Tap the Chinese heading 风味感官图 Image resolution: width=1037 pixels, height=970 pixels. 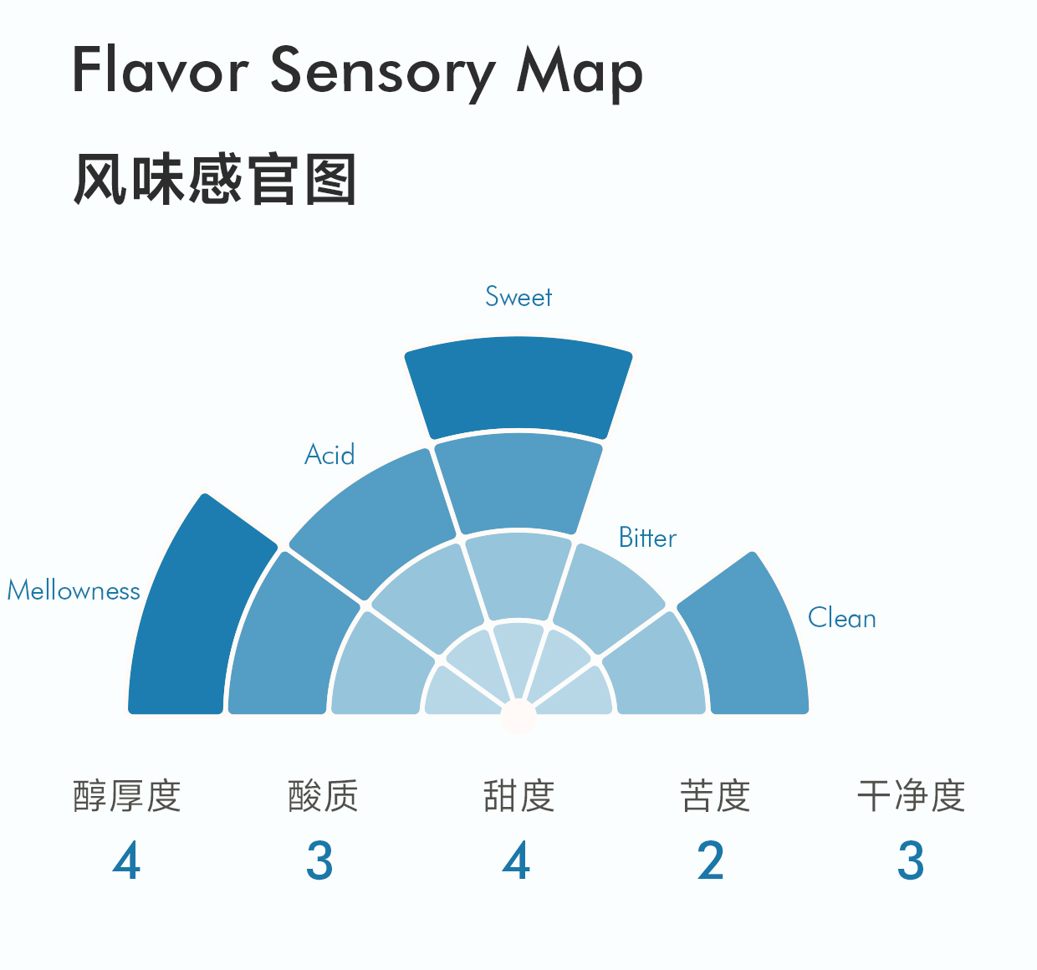(215, 179)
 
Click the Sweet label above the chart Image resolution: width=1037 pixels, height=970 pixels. (518, 297)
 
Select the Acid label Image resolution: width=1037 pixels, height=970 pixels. (329, 455)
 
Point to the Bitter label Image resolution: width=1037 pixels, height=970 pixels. (647, 538)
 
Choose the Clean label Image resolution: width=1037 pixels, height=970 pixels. (841, 619)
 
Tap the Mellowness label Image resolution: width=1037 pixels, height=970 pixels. (74, 590)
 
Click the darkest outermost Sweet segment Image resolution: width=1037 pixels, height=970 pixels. (518, 385)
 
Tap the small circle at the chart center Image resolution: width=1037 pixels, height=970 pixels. (518, 716)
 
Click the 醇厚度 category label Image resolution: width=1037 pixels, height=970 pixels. (127, 796)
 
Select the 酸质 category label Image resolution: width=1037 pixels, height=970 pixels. (323, 796)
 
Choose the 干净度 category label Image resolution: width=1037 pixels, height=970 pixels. (911, 796)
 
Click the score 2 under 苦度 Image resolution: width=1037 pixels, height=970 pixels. (711, 861)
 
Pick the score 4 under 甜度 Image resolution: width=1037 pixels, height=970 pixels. (517, 861)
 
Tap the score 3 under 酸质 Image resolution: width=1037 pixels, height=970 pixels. (319, 861)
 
